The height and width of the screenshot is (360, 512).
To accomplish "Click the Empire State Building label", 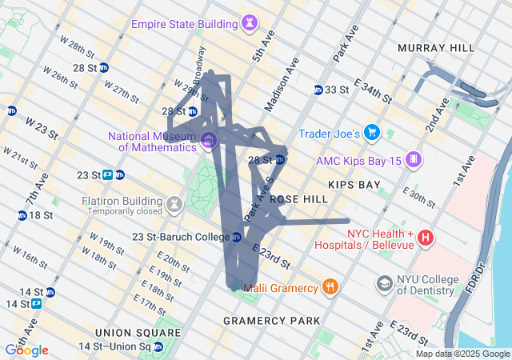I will pyautogui.click(x=185, y=23).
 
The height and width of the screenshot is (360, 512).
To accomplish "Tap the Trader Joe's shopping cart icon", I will pyautogui.click(x=371, y=132).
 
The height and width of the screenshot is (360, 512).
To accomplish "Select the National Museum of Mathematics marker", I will pyautogui.click(x=209, y=142).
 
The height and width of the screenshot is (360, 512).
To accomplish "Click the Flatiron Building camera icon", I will pyautogui.click(x=173, y=206).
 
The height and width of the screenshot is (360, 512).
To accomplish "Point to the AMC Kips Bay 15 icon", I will pyautogui.click(x=414, y=159).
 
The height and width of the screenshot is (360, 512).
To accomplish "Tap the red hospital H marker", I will pyautogui.click(x=426, y=238).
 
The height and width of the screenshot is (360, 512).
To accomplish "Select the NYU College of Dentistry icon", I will pyautogui.click(x=385, y=284).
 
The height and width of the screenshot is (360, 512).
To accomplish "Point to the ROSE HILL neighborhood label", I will pyautogui.click(x=299, y=198).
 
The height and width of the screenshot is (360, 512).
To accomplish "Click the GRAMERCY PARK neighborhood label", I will pyautogui.click(x=271, y=321).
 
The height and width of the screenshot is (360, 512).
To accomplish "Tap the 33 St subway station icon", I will pyautogui.click(x=318, y=90).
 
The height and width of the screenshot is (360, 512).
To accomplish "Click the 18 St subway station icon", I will pyautogui.click(x=22, y=215).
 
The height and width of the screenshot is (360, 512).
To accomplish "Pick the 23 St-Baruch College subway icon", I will pyautogui.click(x=237, y=237).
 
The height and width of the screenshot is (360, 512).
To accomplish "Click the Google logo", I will pyautogui.click(x=26, y=350).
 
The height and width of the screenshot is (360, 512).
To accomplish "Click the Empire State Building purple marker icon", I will pyautogui.click(x=251, y=23).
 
